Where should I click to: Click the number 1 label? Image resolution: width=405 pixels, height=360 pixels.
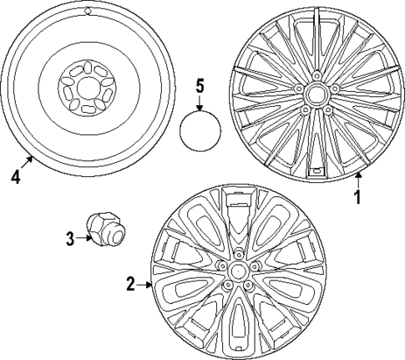click(x=357, y=198)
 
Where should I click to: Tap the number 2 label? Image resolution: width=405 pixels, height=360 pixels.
click(x=130, y=284)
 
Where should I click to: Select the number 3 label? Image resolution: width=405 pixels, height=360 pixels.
click(x=71, y=238)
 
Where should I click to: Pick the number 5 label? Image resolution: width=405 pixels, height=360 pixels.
click(x=200, y=85)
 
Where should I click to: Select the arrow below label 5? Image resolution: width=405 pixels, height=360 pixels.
click(x=200, y=104)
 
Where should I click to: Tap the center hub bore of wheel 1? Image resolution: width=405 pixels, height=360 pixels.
click(x=316, y=90)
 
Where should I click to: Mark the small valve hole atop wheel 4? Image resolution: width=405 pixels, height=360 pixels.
click(x=89, y=13)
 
